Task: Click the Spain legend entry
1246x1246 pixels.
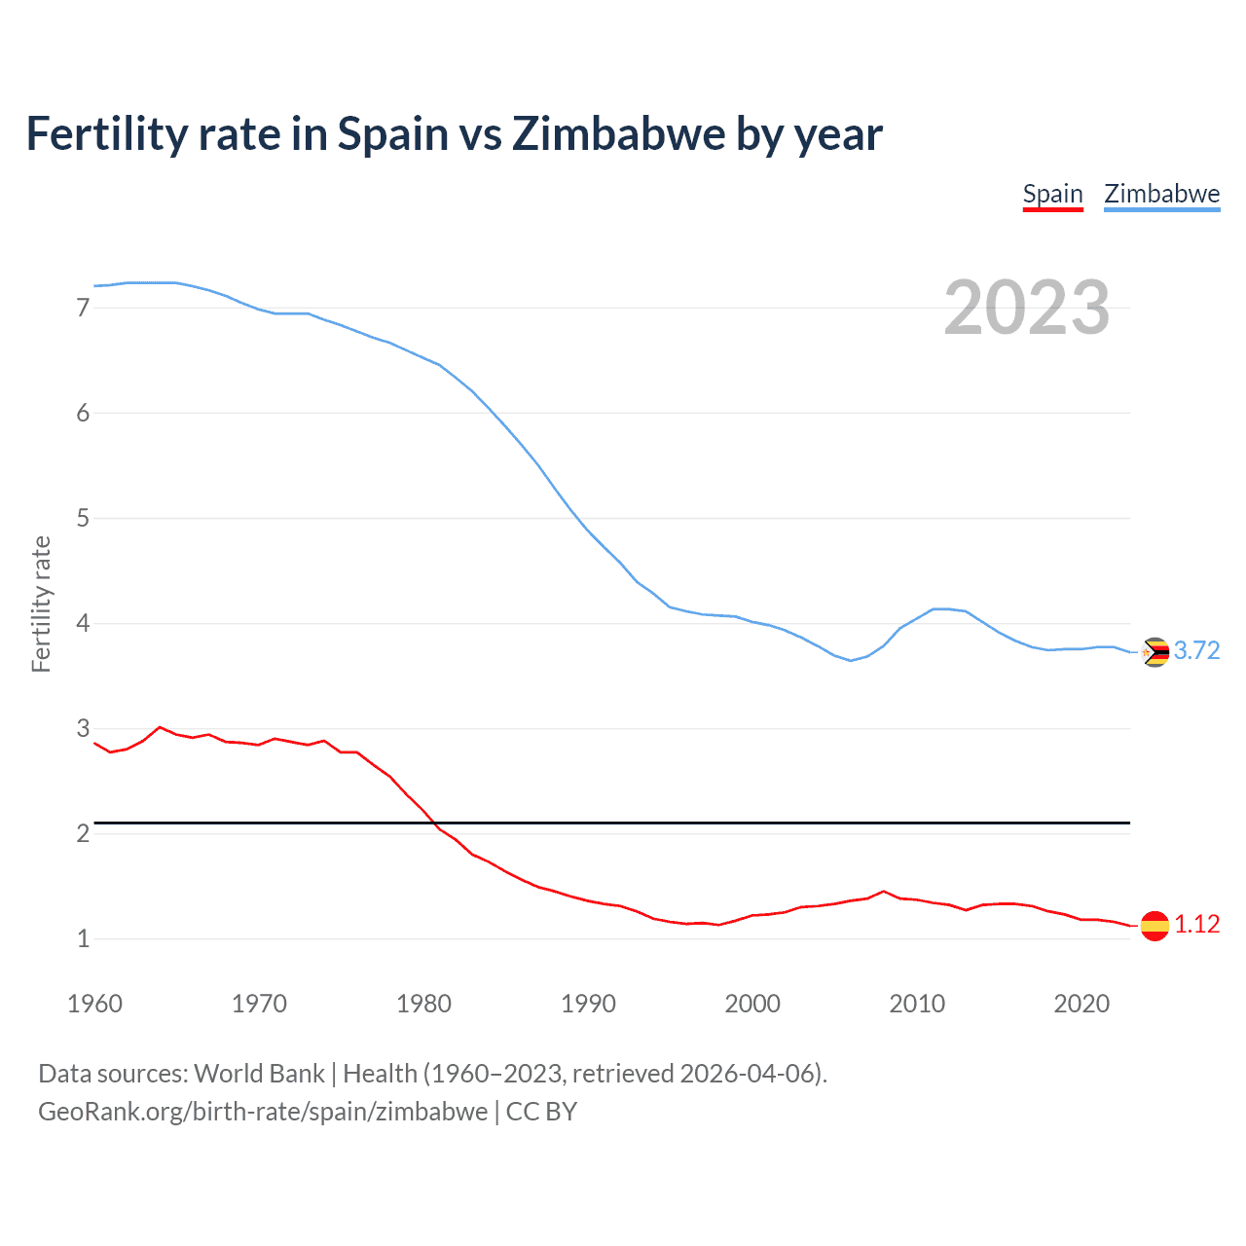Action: click(1052, 194)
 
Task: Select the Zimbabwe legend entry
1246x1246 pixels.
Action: click(1161, 194)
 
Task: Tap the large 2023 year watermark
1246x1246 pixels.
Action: click(1027, 308)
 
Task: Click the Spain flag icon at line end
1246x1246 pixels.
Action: click(1154, 925)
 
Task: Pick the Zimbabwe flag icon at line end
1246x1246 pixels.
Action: click(1154, 651)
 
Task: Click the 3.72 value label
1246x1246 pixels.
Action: click(1196, 650)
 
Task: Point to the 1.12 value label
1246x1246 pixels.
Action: click(1196, 924)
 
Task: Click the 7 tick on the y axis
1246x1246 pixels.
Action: click(83, 308)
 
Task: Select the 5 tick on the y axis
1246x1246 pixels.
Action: click(83, 518)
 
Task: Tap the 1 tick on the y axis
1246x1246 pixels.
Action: click(83, 938)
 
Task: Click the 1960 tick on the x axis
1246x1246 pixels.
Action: click(94, 1004)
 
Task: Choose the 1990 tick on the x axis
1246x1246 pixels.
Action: click(588, 1004)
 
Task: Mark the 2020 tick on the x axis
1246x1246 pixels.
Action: click(1081, 1004)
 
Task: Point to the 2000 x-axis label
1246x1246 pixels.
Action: click(752, 1004)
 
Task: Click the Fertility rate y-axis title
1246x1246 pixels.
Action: click(41, 604)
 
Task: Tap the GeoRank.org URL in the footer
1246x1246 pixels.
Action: click(263, 1111)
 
